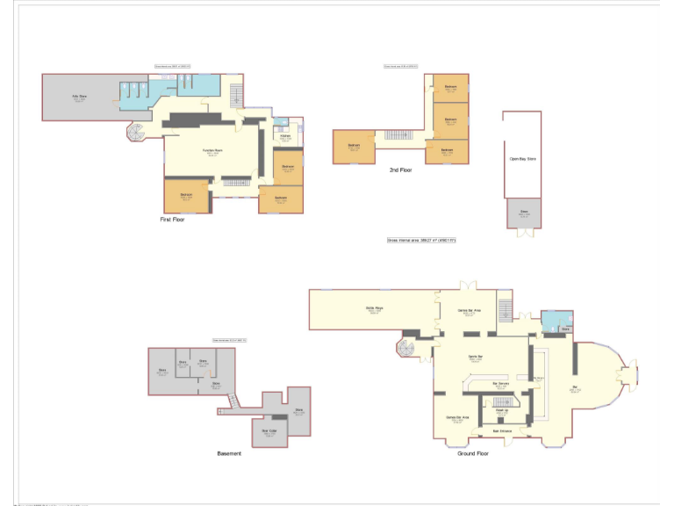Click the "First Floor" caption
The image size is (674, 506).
tap(173, 219)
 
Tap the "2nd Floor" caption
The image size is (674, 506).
tap(400, 170)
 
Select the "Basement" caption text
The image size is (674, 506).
tap(229, 453)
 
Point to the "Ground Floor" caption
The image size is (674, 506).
tap(472, 453)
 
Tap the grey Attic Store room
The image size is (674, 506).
tap(79, 98)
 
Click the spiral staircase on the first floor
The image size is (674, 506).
tap(137, 133)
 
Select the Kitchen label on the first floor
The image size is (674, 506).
tap(286, 136)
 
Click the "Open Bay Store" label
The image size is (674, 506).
tap(522, 159)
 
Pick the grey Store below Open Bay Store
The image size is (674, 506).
tap(524, 212)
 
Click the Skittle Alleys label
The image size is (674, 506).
tap(375, 308)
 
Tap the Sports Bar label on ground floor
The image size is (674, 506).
tap(476, 356)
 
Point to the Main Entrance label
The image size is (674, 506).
tap(501, 430)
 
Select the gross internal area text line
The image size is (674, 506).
tap(421, 240)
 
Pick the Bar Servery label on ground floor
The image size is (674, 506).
tap(501, 384)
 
